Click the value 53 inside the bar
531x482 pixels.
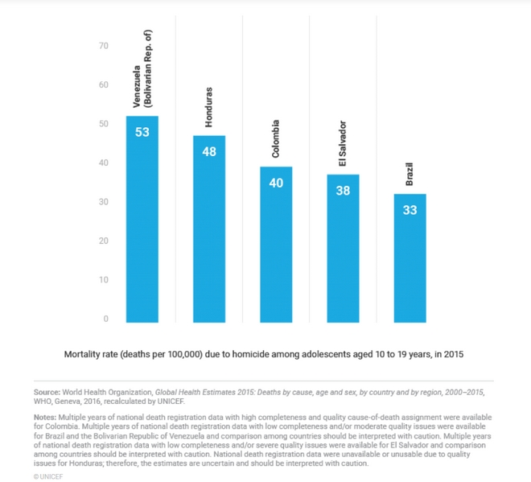(142, 131)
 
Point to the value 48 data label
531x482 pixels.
(209, 151)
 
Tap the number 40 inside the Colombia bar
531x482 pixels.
(276, 183)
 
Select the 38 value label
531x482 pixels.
(343, 191)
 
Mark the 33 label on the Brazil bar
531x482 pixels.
(410, 210)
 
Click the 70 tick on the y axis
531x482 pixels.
(103, 46)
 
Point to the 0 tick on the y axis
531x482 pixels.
(105, 319)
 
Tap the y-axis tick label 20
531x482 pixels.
(103, 241)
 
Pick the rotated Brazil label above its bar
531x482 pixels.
(410, 173)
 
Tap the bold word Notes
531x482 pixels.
(45, 417)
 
